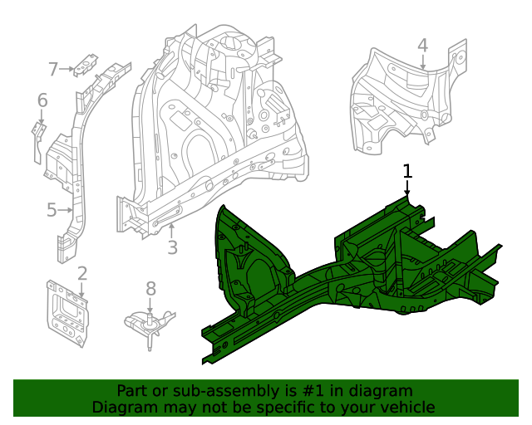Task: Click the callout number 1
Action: click(407, 171)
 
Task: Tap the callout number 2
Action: click(82, 273)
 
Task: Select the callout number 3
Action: click(172, 247)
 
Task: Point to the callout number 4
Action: click(422, 46)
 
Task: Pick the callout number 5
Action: click(52, 210)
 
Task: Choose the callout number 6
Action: click(42, 101)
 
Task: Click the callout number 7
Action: click(53, 70)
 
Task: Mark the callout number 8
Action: click(150, 288)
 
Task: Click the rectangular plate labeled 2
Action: click(67, 313)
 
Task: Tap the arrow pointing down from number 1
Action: click(407, 188)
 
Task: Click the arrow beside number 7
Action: click(66, 70)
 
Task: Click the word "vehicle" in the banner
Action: click(406, 407)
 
